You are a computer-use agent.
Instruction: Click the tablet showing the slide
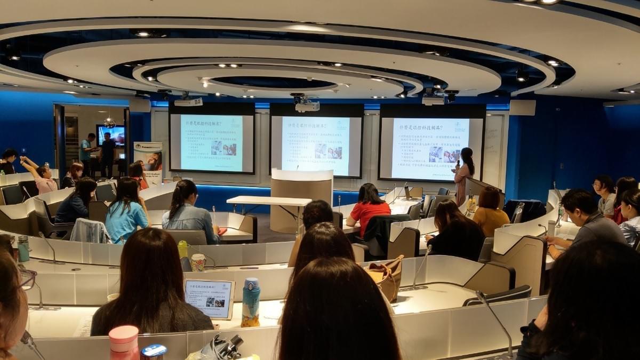click(x=209, y=298)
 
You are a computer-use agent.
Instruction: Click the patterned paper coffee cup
click(x=198, y=261)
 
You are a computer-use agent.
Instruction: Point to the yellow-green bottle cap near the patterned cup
click(x=182, y=245)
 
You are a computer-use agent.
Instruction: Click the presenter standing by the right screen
click(x=463, y=173)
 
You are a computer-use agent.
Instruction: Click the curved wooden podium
click(x=301, y=197)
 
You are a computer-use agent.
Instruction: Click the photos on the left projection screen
click(x=223, y=149)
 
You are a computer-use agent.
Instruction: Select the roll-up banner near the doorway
click(x=148, y=162)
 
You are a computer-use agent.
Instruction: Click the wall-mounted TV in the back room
click(x=111, y=136)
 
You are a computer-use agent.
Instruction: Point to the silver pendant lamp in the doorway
click(x=110, y=123)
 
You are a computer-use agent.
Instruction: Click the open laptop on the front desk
click(x=409, y=193)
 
